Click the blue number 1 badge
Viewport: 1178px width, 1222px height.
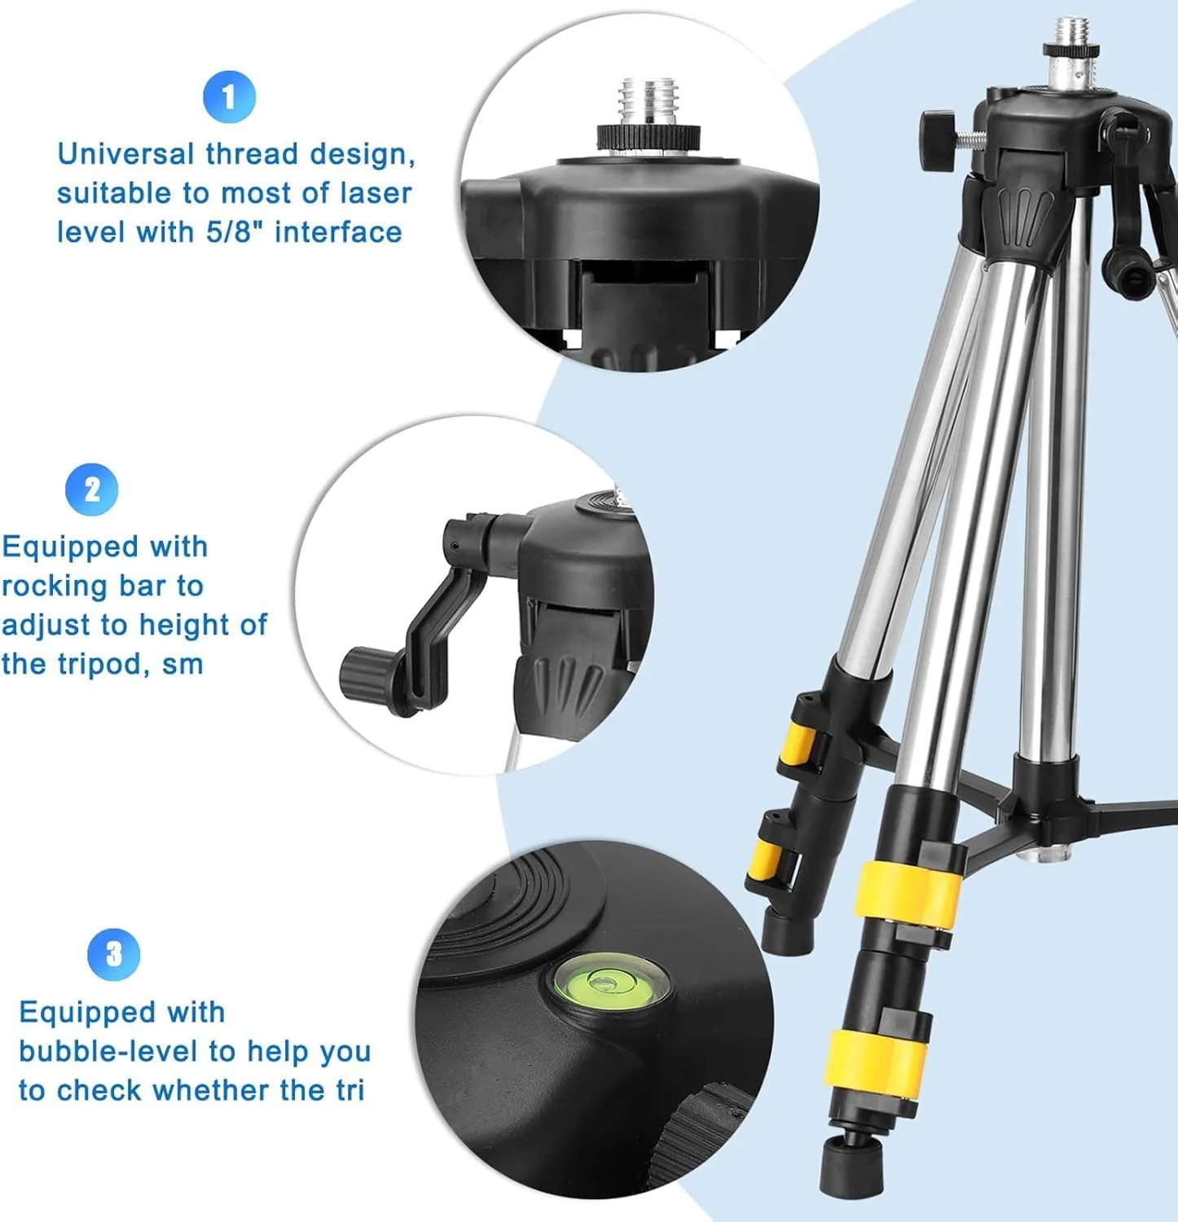[229, 97]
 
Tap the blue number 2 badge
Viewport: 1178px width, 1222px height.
[92, 490]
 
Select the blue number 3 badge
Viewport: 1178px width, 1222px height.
[114, 954]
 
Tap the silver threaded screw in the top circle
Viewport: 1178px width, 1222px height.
[648, 114]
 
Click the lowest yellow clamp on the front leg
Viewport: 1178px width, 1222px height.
[875, 1058]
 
